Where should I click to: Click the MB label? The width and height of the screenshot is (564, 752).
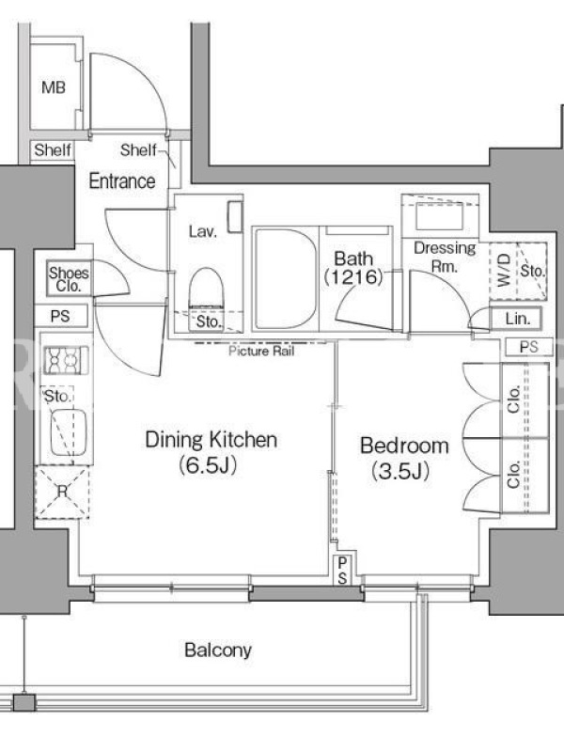click(x=54, y=87)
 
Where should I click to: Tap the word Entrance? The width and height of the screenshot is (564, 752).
click(x=122, y=181)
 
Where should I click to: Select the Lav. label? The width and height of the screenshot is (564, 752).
click(x=203, y=232)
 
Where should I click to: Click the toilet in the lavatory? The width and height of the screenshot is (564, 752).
click(x=207, y=288)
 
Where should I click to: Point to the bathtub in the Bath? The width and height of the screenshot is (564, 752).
click(x=285, y=279)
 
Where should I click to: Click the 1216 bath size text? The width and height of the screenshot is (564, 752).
click(x=354, y=277)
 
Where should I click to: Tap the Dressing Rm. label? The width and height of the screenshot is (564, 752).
click(x=445, y=257)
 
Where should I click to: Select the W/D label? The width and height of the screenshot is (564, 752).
click(x=504, y=271)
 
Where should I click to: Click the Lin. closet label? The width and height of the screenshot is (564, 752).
click(x=517, y=319)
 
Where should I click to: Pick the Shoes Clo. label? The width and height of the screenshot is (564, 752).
click(x=69, y=279)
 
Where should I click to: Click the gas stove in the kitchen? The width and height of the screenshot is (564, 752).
click(x=66, y=360)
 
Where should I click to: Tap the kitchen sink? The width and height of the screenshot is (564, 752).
click(x=69, y=431)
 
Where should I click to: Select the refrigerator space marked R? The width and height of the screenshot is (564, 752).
click(x=62, y=492)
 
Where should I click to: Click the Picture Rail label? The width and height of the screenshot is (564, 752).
click(x=261, y=351)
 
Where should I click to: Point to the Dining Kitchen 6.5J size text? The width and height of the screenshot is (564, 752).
click(x=208, y=465)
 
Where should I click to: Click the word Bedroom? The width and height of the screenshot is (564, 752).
click(x=404, y=446)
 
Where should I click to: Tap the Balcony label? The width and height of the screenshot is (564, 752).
click(x=218, y=650)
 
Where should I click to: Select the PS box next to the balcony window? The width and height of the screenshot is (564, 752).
click(x=342, y=570)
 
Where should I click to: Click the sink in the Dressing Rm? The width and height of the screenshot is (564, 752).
click(x=439, y=216)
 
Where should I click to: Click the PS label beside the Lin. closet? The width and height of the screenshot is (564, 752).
click(x=529, y=347)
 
